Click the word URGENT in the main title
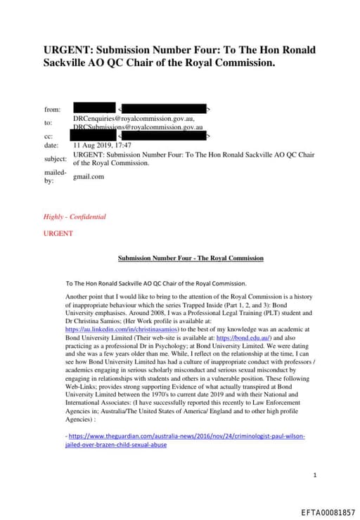click(69, 51)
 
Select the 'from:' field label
click(52, 110)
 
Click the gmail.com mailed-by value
click(89, 176)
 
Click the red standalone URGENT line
click(58, 233)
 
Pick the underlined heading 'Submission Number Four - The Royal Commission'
click(191, 258)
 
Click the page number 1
click(316, 476)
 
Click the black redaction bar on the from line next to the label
click(94, 109)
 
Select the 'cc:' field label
click(49, 136)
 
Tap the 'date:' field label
click(51, 145)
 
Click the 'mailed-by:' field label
click(55, 176)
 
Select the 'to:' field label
click(49, 122)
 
